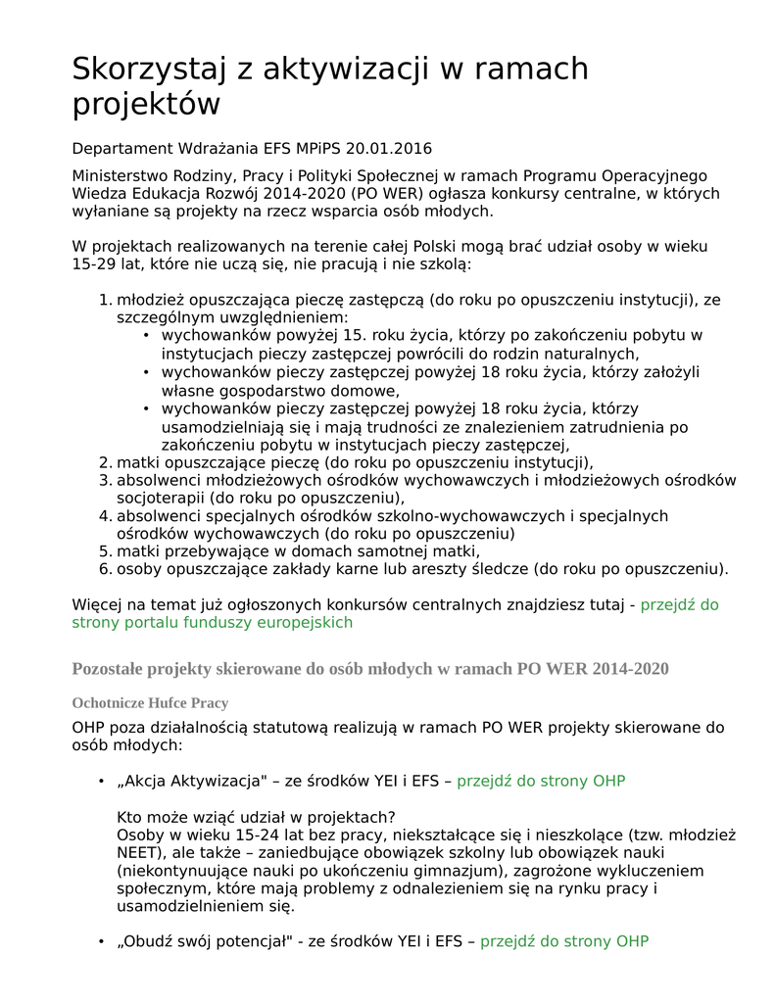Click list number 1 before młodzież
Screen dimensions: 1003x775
[x=105, y=300]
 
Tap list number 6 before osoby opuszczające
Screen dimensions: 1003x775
[x=105, y=568]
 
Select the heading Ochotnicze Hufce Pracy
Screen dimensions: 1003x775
[x=150, y=703]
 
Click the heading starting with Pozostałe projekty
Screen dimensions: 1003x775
[x=369, y=669]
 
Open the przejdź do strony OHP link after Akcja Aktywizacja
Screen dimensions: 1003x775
[x=541, y=781]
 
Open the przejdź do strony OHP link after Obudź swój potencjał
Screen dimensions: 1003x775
[x=563, y=941]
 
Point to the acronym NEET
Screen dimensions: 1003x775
[x=93, y=852]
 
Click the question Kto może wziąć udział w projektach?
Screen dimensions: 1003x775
[x=256, y=817]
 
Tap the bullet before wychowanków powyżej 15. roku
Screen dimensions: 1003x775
[x=145, y=336]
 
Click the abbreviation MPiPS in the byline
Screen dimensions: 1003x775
[x=318, y=149]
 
